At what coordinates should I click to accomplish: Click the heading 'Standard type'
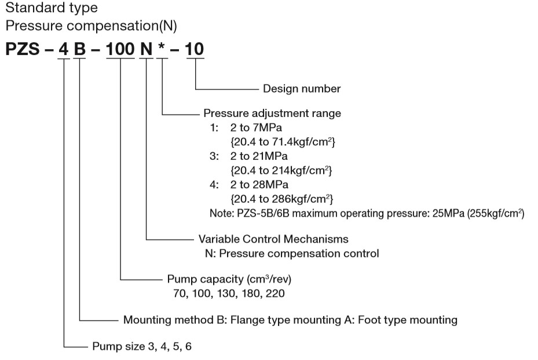[52, 9]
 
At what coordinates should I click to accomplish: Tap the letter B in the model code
[80, 50]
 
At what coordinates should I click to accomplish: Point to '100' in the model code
[120, 50]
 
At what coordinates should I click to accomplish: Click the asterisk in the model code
[164, 47]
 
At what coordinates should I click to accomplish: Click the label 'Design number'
[302, 89]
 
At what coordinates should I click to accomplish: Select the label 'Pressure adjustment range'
[272, 113]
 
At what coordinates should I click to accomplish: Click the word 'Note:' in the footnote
[221, 214]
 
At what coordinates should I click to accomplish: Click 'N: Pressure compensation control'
[288, 253]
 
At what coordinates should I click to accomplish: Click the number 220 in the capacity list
[277, 293]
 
